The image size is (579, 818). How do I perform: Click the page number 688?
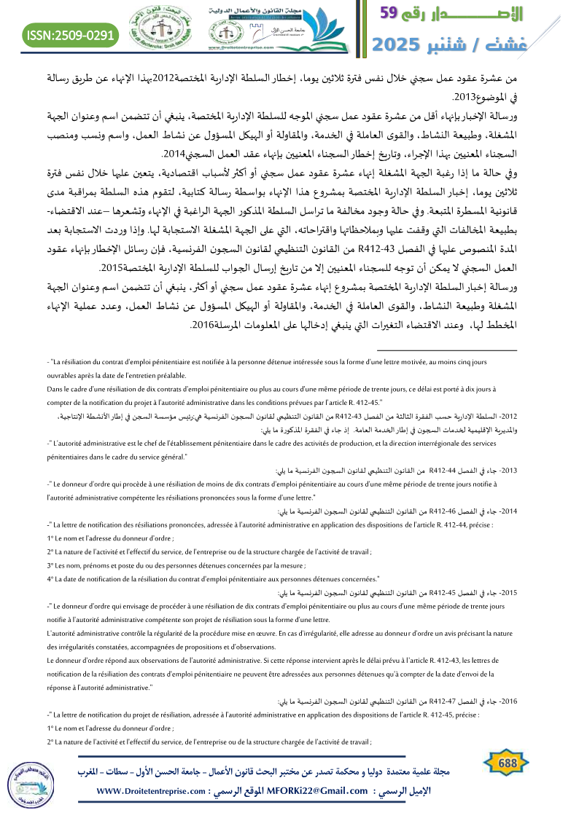click(x=503, y=762)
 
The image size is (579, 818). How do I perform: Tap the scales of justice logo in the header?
click(x=157, y=29)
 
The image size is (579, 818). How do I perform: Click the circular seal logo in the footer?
click(x=29, y=789)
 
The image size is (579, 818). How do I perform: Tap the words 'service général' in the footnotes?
click(x=158, y=457)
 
